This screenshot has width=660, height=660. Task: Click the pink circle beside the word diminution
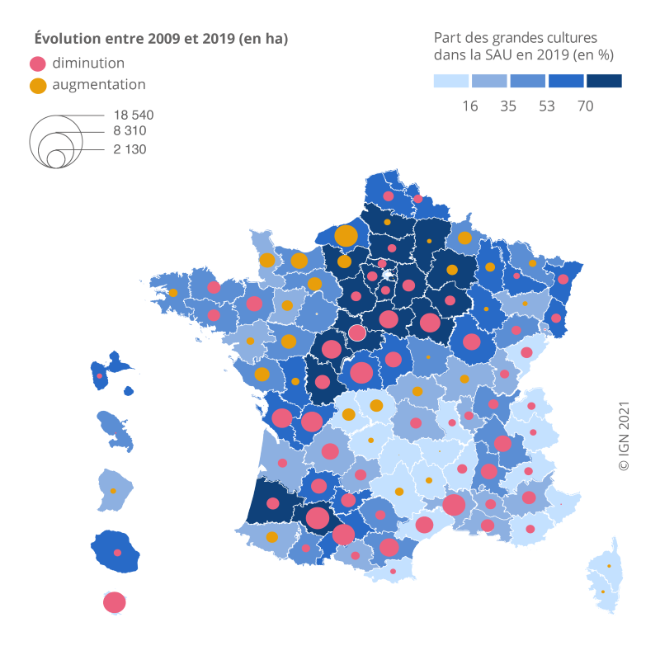(x=37, y=64)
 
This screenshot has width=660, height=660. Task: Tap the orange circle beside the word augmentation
(x=37, y=85)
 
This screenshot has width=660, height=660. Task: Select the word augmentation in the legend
(x=99, y=84)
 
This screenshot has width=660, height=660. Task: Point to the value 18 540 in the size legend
(x=129, y=115)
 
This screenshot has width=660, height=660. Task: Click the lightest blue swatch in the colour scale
(x=451, y=81)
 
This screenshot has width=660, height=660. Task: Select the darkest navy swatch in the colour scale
(x=604, y=81)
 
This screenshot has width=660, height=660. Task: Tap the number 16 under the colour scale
(x=470, y=106)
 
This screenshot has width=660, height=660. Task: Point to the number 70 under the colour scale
(x=586, y=106)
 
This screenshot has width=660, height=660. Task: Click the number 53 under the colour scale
(x=547, y=106)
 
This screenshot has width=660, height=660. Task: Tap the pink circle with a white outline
(x=357, y=332)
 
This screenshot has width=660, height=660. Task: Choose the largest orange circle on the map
(x=346, y=235)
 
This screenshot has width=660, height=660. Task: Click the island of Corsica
(x=606, y=577)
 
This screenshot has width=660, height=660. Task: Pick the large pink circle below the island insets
(x=115, y=602)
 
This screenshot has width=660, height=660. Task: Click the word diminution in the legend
(x=88, y=64)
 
